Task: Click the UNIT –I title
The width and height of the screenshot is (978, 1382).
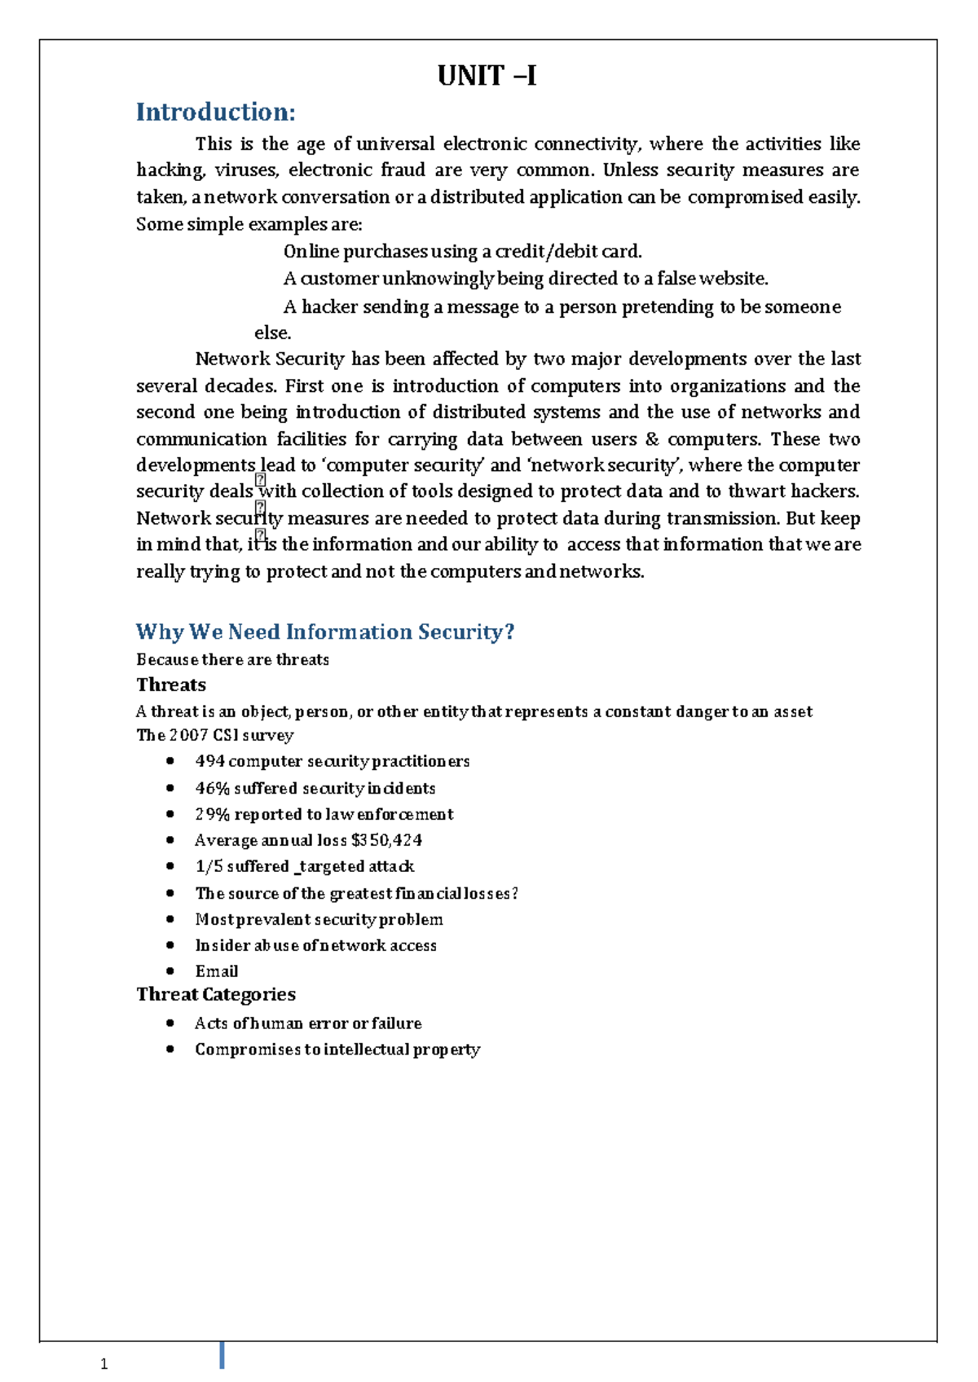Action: click(x=487, y=76)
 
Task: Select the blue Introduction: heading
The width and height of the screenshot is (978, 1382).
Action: click(x=215, y=112)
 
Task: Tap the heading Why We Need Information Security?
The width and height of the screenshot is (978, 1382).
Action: click(x=325, y=632)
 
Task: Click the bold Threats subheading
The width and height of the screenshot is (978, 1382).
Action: click(x=171, y=684)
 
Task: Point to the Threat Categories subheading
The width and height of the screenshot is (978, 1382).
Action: click(x=216, y=994)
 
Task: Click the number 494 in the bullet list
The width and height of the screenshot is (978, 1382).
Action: click(x=209, y=761)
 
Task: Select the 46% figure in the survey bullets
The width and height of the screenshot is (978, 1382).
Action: click(x=211, y=788)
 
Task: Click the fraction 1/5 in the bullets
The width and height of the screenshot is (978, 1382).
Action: click(x=208, y=866)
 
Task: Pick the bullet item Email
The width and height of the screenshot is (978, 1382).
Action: click(x=217, y=971)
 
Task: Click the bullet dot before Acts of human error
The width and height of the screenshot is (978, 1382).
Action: click(x=170, y=1023)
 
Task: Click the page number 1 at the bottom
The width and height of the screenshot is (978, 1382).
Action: click(x=104, y=1365)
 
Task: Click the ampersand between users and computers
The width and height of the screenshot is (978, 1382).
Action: click(x=651, y=439)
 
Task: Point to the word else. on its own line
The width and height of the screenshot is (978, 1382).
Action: click(x=272, y=332)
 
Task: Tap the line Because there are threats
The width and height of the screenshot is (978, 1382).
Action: click(x=232, y=659)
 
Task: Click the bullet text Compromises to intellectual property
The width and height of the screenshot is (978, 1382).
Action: click(x=337, y=1050)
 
